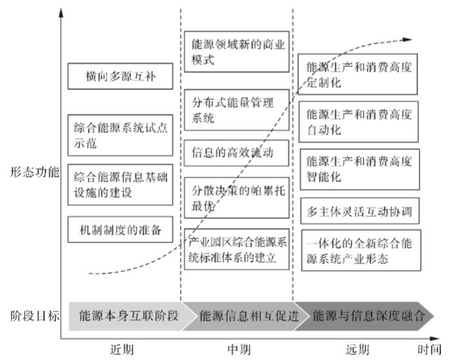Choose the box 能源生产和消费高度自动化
click(x=357, y=122)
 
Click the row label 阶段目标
click(x=34, y=315)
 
